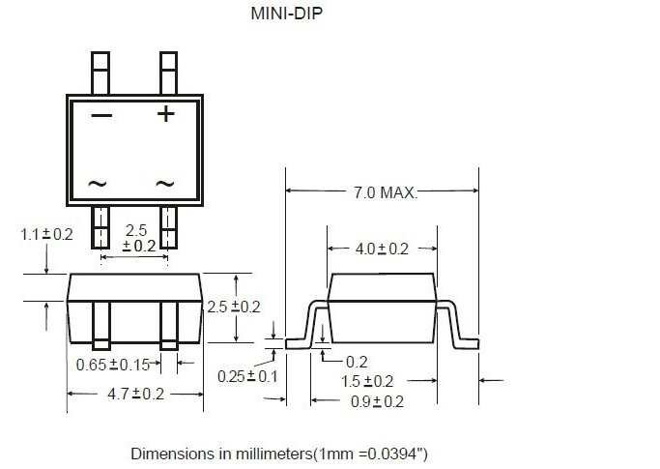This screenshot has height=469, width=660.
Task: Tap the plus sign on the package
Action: [x=166, y=114]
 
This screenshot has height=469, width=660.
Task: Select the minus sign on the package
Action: [x=101, y=116]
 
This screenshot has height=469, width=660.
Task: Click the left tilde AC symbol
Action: [x=98, y=183]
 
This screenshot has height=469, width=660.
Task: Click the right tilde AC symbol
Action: [x=165, y=183]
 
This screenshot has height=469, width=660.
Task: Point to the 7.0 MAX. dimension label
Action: [x=384, y=193]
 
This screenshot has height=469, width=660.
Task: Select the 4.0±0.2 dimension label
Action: [x=382, y=249]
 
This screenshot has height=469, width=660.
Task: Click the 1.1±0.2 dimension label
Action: [x=46, y=234]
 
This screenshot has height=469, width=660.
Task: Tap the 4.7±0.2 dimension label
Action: [x=134, y=394]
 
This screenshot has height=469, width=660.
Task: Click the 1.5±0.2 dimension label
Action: [x=367, y=381]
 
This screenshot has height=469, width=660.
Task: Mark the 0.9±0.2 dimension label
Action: [x=377, y=400]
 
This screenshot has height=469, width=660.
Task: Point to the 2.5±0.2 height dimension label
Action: [x=234, y=307]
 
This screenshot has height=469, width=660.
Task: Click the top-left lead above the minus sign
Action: [x=101, y=73]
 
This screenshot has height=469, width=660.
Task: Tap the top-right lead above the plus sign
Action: [x=168, y=73]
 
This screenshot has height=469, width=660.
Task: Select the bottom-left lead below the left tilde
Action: [x=101, y=228]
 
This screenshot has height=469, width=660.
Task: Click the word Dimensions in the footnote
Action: [x=171, y=453]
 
